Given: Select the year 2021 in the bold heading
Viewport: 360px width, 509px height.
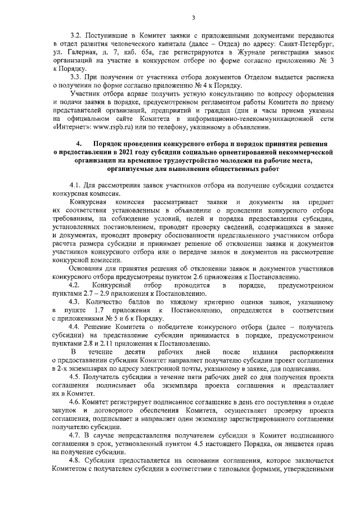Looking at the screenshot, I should pyautogui.click(x=121, y=151).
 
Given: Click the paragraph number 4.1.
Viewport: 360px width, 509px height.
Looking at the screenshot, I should pyautogui.click(x=75, y=185).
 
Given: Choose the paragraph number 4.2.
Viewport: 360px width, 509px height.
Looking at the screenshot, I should pyautogui.click(x=75, y=286).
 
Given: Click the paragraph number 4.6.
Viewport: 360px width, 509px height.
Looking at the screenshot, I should pyautogui.click(x=75, y=403).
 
